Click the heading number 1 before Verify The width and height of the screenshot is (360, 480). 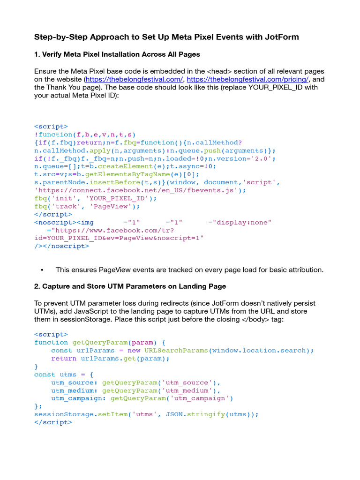(36, 54)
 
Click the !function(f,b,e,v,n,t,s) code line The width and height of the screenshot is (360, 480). (85, 135)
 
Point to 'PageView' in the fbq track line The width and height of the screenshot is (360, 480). (118, 206)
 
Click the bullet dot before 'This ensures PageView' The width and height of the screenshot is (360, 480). (42, 270)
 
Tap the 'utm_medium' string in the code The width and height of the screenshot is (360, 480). (193, 390)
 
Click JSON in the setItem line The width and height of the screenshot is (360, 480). (174, 414)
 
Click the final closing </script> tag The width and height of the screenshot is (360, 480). (53, 422)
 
